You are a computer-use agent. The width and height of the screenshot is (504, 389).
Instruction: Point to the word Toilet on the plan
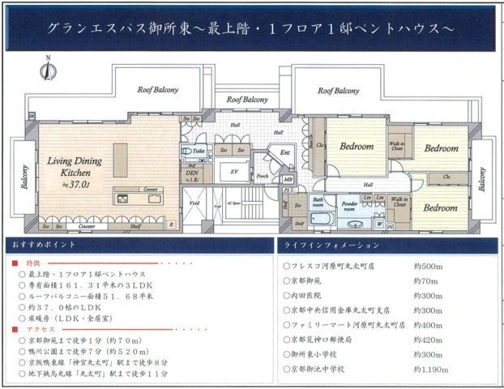pos(199,151)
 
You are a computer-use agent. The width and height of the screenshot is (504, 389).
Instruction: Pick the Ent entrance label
pos(285,152)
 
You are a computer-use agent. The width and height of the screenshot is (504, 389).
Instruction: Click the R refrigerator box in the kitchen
pos(169,226)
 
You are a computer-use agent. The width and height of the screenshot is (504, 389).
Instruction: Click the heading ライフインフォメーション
pos(325,244)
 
